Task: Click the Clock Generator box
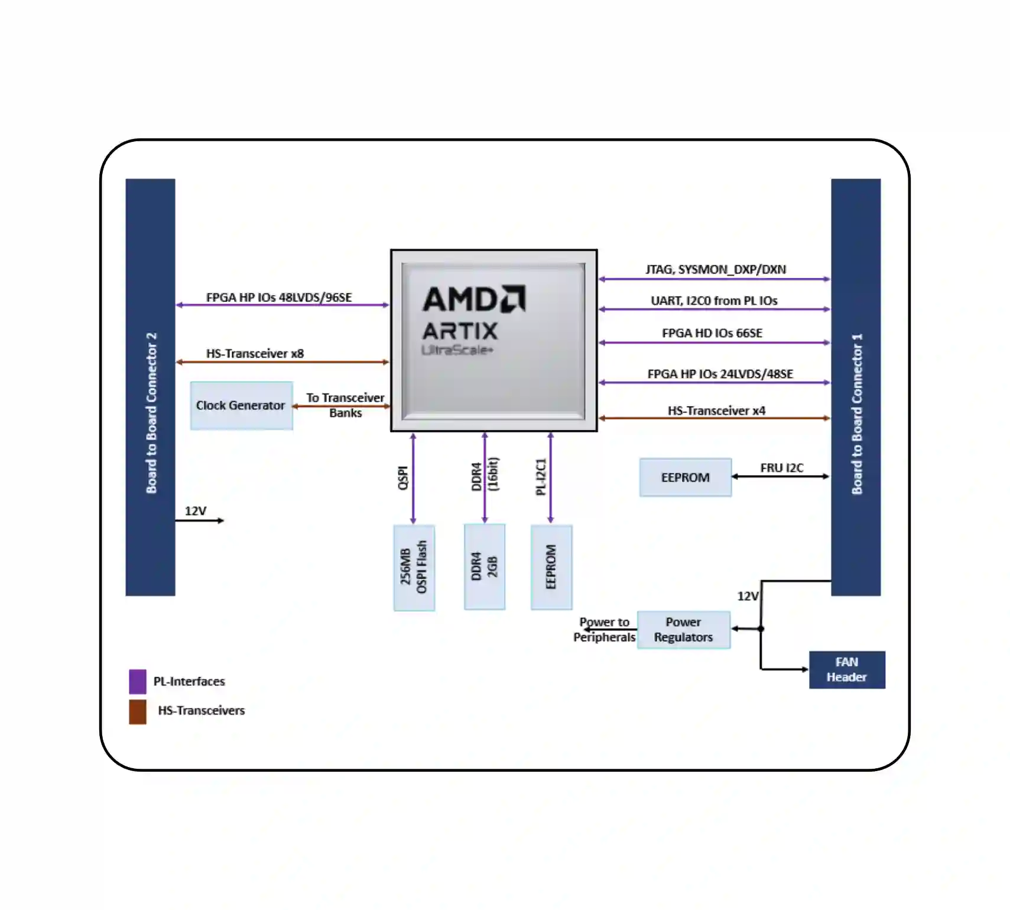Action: [241, 405]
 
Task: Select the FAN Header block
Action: [846, 669]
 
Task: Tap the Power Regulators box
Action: [684, 630]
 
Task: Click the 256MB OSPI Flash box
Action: [414, 567]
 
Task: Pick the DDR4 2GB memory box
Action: [484, 567]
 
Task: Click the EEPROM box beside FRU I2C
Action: [686, 477]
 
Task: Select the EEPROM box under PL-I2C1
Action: [551, 567]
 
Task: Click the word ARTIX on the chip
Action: [460, 331]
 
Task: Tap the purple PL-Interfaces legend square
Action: [138, 681]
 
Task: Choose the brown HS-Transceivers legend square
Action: [138, 711]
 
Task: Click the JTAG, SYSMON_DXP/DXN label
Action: [716, 269]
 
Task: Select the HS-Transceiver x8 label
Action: [255, 353]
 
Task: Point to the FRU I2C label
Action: [781, 468]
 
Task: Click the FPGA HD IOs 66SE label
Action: [712, 333]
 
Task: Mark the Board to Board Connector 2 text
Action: [151, 413]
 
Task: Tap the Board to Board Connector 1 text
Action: [856, 414]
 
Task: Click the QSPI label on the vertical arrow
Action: [403, 478]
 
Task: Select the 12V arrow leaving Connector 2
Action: [200, 521]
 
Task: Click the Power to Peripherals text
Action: [604, 630]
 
